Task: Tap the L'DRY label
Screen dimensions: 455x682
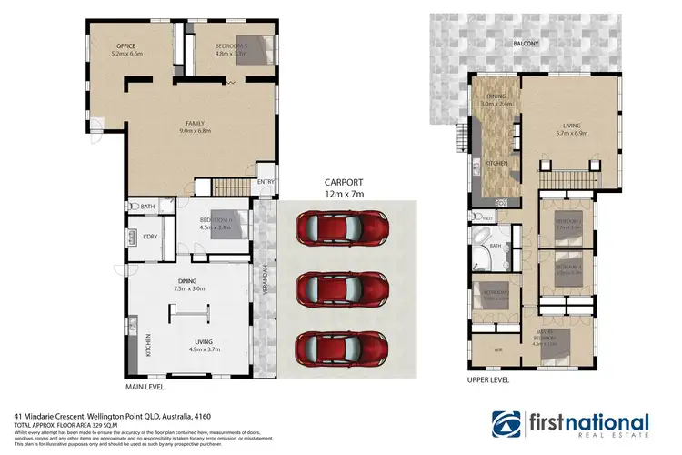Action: (151, 238)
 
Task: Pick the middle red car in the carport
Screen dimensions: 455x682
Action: (343, 288)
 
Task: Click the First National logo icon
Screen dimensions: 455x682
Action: (508, 424)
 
